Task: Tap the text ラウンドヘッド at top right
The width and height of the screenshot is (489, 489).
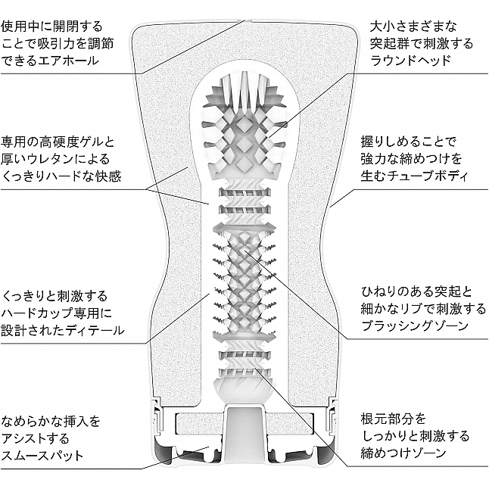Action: click(411, 61)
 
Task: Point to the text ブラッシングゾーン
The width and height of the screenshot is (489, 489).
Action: click(415, 326)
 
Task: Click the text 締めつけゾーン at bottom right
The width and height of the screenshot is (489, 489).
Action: click(403, 453)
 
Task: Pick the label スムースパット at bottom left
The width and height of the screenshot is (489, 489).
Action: click(42, 456)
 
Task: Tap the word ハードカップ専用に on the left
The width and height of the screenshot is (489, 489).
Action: click(57, 313)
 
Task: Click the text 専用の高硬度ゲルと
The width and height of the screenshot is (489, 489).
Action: click(58, 142)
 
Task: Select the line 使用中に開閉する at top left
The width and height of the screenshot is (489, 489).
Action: click(51, 26)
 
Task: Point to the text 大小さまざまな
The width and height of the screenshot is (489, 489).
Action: click(413, 26)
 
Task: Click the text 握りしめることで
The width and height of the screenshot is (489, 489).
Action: click(409, 142)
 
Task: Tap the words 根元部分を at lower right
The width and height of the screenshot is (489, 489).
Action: click(394, 419)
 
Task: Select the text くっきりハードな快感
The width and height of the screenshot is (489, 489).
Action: click(61, 176)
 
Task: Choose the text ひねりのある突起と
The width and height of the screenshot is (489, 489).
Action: click(417, 292)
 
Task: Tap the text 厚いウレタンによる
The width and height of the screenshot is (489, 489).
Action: click(55, 159)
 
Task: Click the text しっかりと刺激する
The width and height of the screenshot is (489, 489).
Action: click(415, 436)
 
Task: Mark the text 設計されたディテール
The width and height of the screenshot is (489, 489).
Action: click(63, 330)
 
